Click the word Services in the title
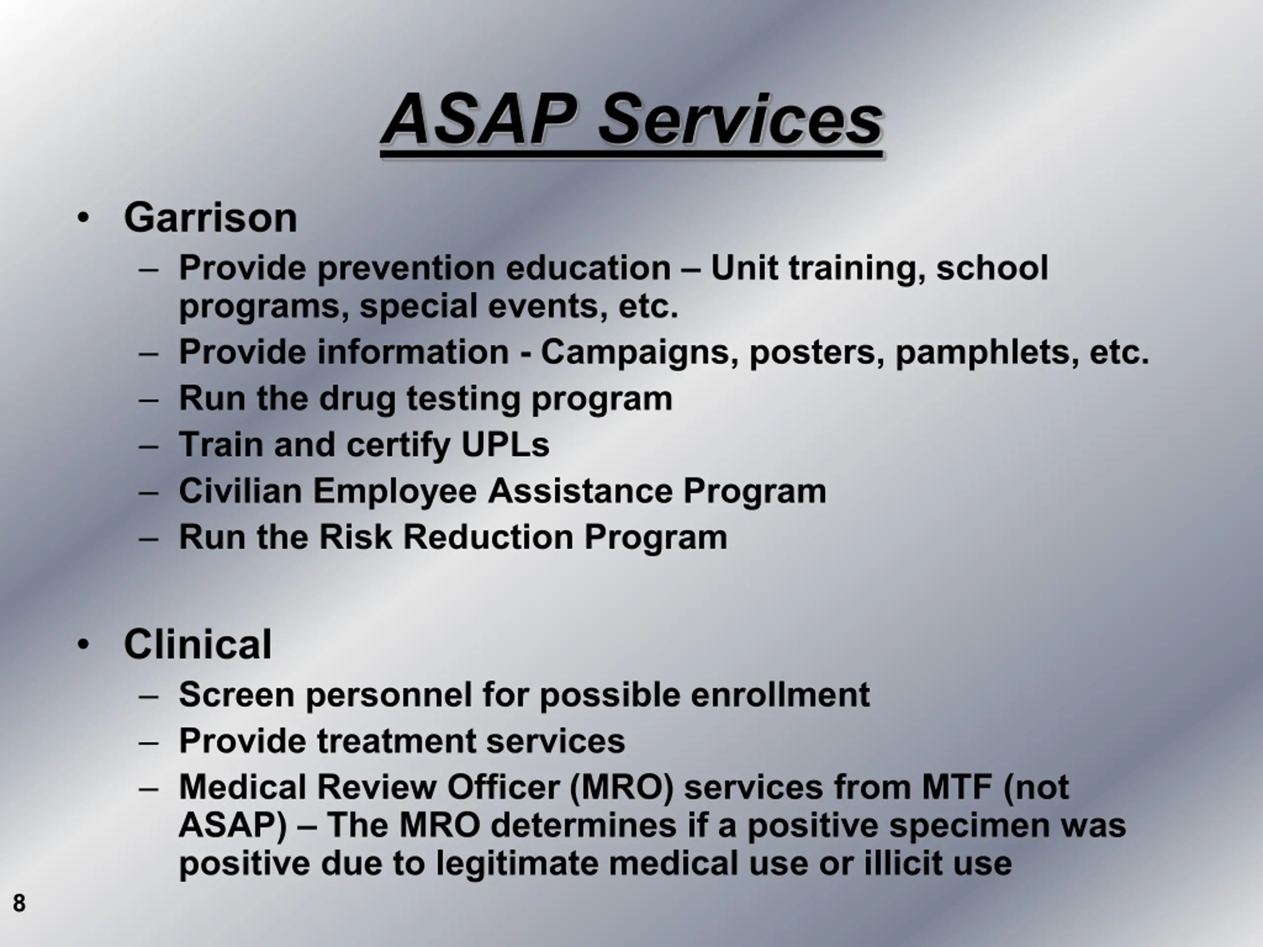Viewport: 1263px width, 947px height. (741, 119)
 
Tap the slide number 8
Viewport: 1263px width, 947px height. (19, 903)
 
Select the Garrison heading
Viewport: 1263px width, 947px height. (210, 218)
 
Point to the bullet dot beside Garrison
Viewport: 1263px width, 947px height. (83, 218)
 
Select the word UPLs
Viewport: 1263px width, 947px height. (505, 445)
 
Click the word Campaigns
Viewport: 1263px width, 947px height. (635, 353)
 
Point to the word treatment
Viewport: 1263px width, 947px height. (396, 741)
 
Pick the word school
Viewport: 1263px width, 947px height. (992, 267)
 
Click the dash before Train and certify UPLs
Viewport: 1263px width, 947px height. (149, 445)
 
